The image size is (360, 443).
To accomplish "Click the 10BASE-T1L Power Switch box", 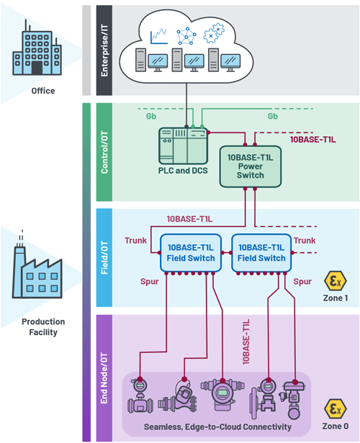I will click(246, 165).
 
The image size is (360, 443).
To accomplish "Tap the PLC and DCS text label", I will click(181, 169).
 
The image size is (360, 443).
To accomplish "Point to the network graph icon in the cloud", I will click(187, 33).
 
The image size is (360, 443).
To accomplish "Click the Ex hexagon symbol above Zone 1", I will click(334, 280).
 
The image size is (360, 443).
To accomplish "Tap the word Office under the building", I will click(42, 91).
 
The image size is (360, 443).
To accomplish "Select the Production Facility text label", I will click(42, 326).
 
